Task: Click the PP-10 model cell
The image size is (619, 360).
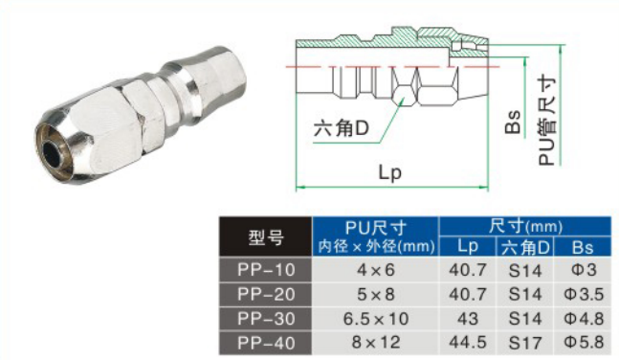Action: point(266,270)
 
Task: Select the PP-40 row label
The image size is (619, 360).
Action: point(266,343)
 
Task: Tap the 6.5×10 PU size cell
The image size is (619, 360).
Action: point(375,319)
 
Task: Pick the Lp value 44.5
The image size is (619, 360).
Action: point(468,343)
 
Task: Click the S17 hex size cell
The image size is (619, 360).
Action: point(525,343)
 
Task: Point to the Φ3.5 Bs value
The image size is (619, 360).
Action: point(583,294)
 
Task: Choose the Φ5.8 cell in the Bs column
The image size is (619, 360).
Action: point(583,343)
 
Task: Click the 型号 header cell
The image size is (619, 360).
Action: point(266,236)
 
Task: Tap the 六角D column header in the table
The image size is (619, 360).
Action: point(525,247)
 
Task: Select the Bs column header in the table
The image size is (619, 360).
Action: point(583,247)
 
